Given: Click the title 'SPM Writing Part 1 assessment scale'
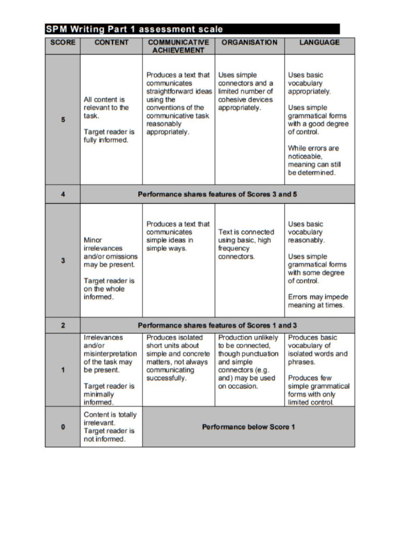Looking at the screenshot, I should [x=134, y=29].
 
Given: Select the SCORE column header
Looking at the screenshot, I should [x=63, y=42].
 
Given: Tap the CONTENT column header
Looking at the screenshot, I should [x=111, y=42].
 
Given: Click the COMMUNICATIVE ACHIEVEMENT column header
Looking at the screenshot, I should [x=178, y=46].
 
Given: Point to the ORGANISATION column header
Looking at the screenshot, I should [x=250, y=42].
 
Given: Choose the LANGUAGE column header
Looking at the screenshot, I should [x=319, y=42].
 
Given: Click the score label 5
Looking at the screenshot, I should [x=63, y=120].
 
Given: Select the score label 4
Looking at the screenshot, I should [x=63, y=194].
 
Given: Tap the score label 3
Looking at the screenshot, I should [x=63, y=260].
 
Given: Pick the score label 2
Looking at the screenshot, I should [x=63, y=325].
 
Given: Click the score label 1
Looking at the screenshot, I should [x=63, y=370].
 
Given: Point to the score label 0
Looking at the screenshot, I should [x=63, y=427].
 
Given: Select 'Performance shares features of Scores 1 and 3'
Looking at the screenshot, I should [x=217, y=325].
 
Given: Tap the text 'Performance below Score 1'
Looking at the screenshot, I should [x=249, y=427].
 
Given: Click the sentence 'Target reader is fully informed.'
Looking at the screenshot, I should [x=109, y=136].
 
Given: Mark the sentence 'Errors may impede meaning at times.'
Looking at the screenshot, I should [x=317, y=301].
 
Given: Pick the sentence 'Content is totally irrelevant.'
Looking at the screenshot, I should [x=110, y=418].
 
